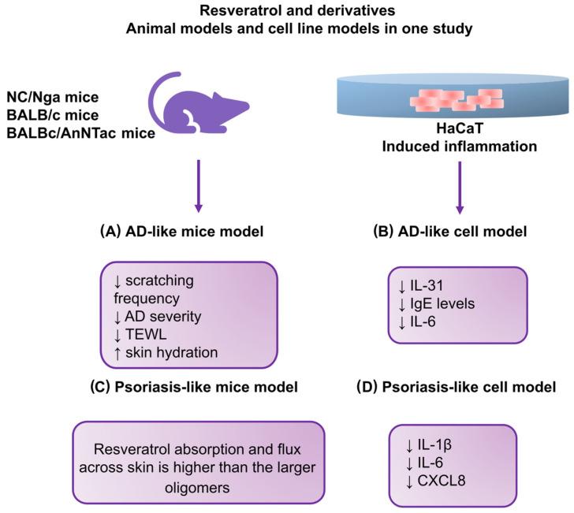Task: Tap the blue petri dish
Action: tap(453, 96)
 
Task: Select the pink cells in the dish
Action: tap(456, 99)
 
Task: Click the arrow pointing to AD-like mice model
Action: tap(199, 186)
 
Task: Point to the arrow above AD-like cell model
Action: tap(460, 188)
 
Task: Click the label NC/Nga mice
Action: tap(53, 98)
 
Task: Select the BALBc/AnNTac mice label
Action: tap(81, 133)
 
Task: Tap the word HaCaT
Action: tap(460, 128)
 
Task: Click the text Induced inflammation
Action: tap(460, 147)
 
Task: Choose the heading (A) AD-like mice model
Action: tap(182, 232)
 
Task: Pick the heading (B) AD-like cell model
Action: tap(450, 232)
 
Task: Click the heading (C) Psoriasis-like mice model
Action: tap(194, 387)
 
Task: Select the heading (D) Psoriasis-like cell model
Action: tap(456, 387)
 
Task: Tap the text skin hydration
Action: tap(171, 352)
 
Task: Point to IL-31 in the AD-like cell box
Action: tap(427, 285)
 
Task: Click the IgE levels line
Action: tap(442, 303)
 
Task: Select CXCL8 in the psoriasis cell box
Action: tap(442, 481)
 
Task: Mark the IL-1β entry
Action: tap(434, 445)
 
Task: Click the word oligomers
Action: tap(197, 488)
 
